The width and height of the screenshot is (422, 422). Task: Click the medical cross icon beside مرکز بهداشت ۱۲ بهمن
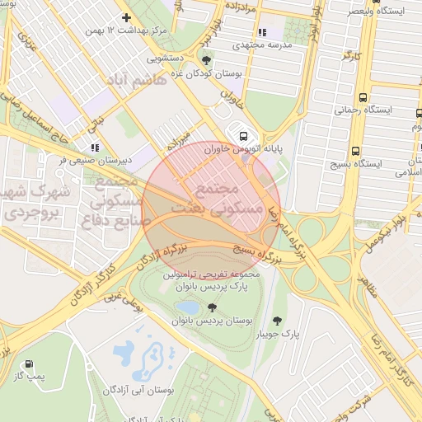(126, 17)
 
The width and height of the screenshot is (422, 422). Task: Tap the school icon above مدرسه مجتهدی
(262, 32)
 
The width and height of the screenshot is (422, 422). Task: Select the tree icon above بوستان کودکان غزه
(205, 60)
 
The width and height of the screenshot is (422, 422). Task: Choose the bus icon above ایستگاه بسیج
(355, 151)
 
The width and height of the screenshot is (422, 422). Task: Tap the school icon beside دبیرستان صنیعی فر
(96, 148)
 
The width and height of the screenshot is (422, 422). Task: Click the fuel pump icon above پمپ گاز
(30, 363)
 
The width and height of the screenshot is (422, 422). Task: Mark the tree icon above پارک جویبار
(276, 321)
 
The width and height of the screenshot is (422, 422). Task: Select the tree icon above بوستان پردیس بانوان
(212, 307)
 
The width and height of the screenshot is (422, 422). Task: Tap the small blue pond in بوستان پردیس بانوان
(191, 307)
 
